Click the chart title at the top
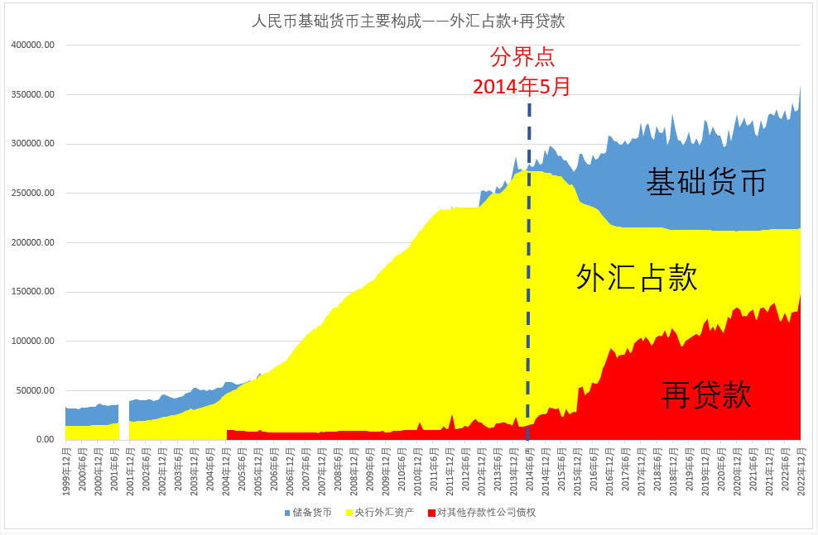tap(409, 21)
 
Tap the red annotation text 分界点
tap(522, 58)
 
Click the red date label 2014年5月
tap(522, 86)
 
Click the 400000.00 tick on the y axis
tap(32, 45)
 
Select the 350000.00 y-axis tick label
tap(32, 95)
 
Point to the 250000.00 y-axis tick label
tap(32, 193)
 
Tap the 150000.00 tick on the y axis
tap(32, 292)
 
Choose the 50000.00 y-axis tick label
tap(35, 390)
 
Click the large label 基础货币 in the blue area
tap(705, 182)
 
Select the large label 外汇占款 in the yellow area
tap(637, 278)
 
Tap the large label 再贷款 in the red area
tap(706, 394)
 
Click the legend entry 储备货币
tap(313, 513)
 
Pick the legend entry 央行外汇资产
tap(384, 513)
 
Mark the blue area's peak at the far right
tap(801, 86)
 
